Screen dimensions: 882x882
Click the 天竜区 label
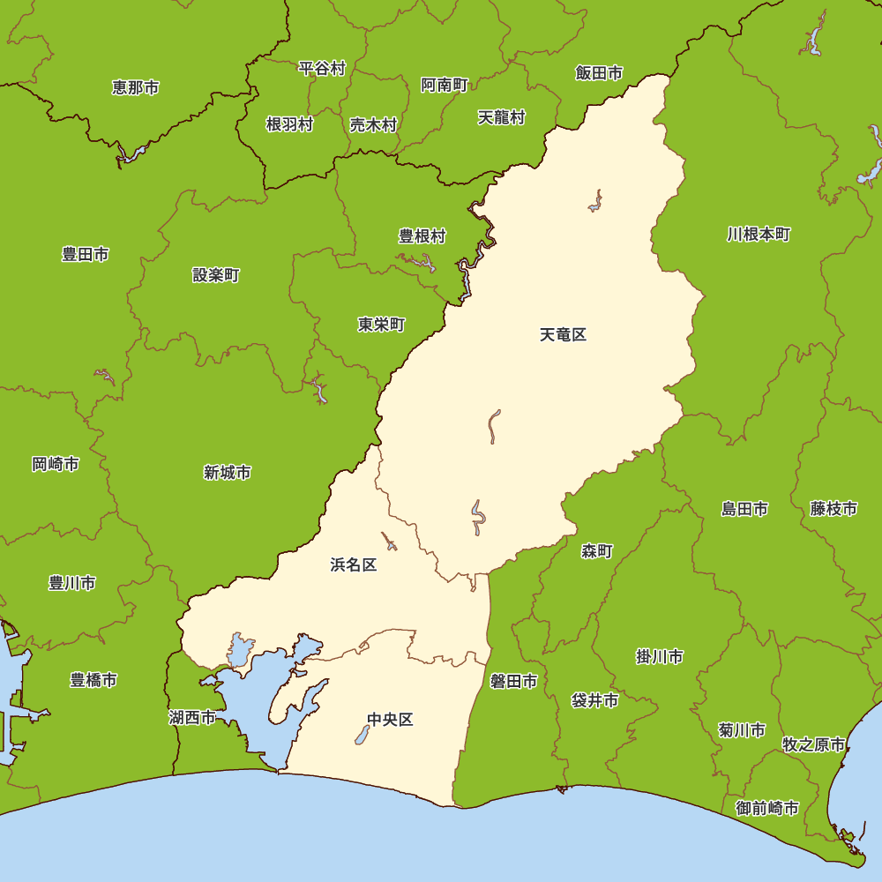click(563, 335)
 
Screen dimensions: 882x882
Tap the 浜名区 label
click(353, 564)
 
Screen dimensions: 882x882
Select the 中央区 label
click(390, 720)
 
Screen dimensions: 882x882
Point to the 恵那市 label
click(136, 87)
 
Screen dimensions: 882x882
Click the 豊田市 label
click(86, 254)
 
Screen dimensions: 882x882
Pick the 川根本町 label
click(759, 235)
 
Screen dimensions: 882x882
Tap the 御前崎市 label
click(767, 808)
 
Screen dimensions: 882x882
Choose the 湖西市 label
click(192, 718)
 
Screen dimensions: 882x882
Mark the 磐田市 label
click(513, 682)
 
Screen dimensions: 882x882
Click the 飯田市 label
click(599, 73)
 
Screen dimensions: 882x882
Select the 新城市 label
click(228, 473)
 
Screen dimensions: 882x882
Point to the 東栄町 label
click(381, 325)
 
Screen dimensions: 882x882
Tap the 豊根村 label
click(422, 236)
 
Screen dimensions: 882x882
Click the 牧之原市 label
click(814, 744)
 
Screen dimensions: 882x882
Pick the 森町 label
click(596, 551)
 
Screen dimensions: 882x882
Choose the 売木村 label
click(373, 124)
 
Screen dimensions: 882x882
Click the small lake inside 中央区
click(362, 734)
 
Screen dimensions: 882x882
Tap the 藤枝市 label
click(833, 509)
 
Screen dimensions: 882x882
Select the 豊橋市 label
click(93, 680)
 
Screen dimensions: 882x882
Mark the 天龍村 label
click(502, 117)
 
